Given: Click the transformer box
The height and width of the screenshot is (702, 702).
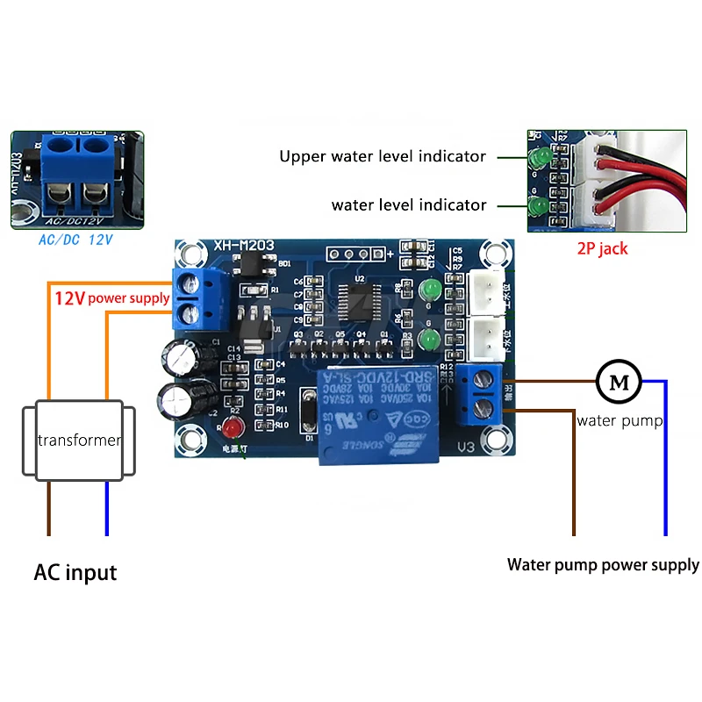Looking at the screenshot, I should pyautogui.click(x=79, y=441).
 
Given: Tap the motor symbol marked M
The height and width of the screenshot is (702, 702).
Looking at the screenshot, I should pyautogui.click(x=619, y=381).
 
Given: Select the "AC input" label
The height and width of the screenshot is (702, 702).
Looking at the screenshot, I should pyautogui.click(x=75, y=573).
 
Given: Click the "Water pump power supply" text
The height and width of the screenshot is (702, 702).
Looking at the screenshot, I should pyautogui.click(x=603, y=564).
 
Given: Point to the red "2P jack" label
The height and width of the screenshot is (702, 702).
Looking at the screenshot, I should pyautogui.click(x=602, y=248).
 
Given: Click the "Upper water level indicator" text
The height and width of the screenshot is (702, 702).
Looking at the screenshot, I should pyautogui.click(x=382, y=156).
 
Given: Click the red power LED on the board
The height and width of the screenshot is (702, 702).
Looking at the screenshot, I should pyautogui.click(x=233, y=429).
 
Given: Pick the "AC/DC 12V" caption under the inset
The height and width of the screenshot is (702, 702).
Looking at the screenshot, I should pyautogui.click(x=76, y=238).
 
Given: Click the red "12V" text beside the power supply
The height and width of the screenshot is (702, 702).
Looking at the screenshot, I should pyautogui.click(x=69, y=298).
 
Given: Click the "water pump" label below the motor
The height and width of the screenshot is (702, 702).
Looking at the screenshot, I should pyautogui.click(x=620, y=420).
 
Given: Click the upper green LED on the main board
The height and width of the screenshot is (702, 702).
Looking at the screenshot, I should pyautogui.click(x=430, y=290).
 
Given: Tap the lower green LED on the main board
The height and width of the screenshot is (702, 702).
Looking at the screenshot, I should pyautogui.click(x=430, y=340).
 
